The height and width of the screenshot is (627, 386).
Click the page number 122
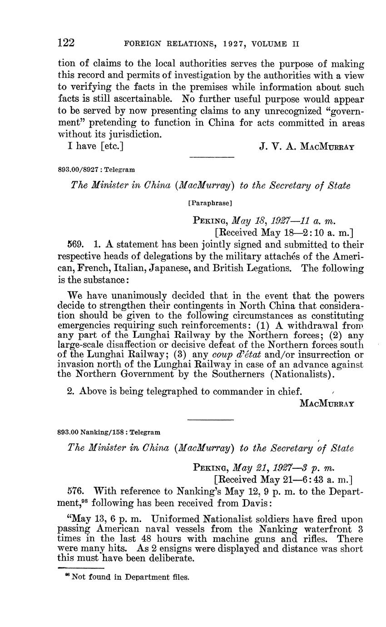[x=66, y=43]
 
